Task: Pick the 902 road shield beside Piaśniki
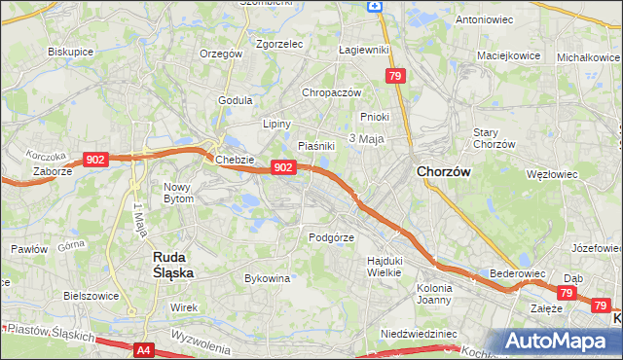[x=282, y=167]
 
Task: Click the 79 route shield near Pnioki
[x=394, y=76]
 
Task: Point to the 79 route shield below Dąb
[x=567, y=293]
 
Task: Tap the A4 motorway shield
[x=143, y=349]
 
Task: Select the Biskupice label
[x=69, y=51]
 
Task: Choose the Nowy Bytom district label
[x=178, y=192]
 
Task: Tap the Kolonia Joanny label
[x=434, y=294]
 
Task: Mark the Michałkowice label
[x=588, y=57]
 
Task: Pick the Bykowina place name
[x=267, y=278]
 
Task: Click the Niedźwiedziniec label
[x=419, y=333]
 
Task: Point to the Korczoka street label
[x=47, y=156]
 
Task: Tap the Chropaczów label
[x=332, y=92]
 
